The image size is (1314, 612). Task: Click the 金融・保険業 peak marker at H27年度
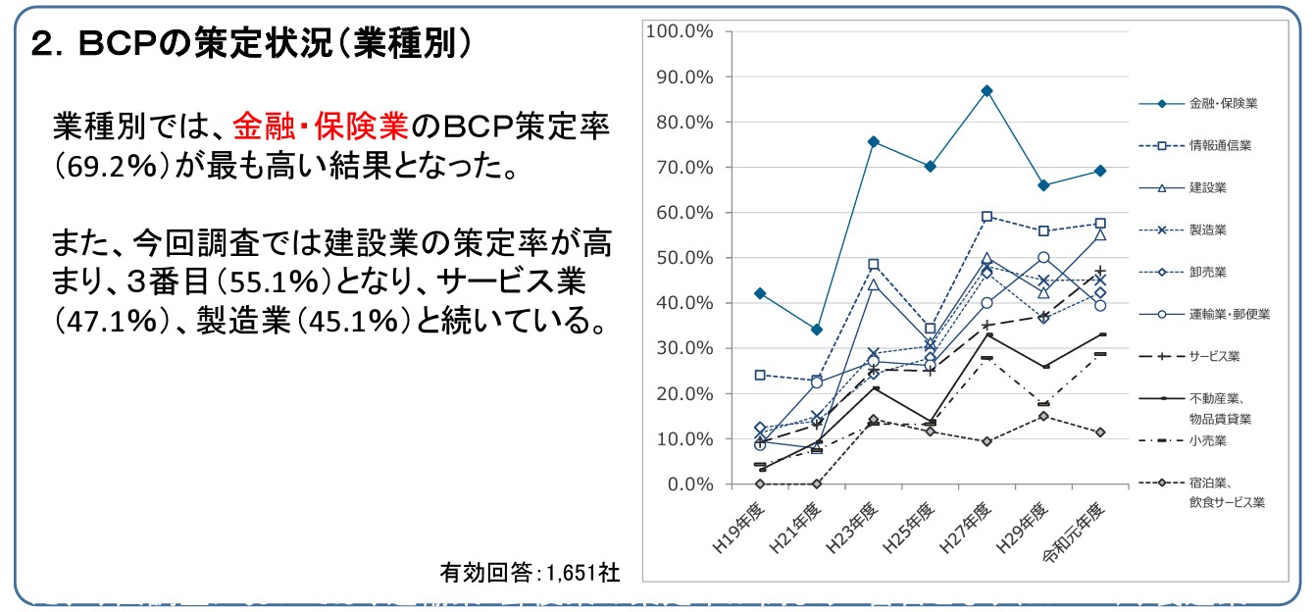click(x=986, y=91)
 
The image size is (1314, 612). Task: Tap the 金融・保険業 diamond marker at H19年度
click(x=760, y=293)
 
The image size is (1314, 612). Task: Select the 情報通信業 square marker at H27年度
click(x=986, y=216)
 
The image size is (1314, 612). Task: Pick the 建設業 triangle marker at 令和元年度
click(x=1100, y=234)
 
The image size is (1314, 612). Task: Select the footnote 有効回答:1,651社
click(x=529, y=572)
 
